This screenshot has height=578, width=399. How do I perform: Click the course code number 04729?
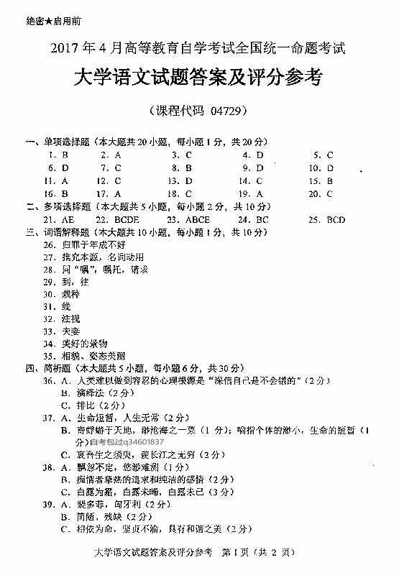[227, 112]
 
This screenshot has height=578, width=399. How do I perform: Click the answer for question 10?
[331, 168]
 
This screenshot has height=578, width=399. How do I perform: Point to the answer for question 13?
[188, 181]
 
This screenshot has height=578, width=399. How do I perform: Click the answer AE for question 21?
[68, 220]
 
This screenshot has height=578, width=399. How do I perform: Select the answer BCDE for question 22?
[127, 220]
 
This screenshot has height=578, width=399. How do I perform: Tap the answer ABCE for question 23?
[198, 220]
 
